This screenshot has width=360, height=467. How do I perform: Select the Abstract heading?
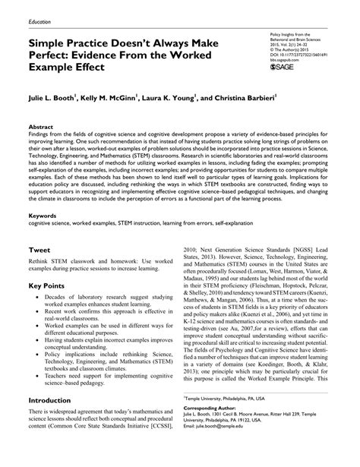click(41, 127)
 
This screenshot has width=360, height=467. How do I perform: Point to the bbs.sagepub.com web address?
click(284, 60)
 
